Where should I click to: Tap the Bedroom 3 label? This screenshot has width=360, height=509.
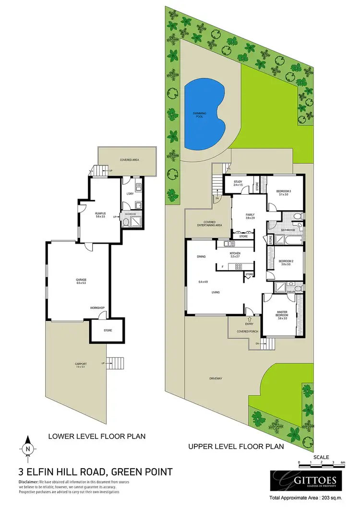click(x=284, y=192)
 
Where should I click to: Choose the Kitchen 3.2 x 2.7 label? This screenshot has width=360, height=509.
click(x=235, y=254)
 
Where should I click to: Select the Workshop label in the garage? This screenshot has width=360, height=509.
click(x=97, y=308)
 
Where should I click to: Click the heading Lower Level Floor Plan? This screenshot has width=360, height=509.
click(x=96, y=437)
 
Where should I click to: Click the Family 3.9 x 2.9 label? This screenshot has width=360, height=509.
click(x=250, y=216)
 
